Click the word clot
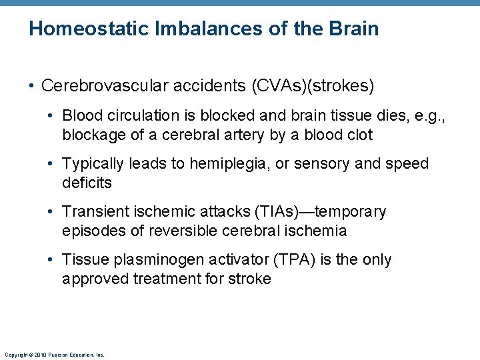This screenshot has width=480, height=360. coord(359,135)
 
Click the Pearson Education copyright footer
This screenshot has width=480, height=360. coord(54,355)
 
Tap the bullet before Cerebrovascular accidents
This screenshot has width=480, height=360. coord(31,87)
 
